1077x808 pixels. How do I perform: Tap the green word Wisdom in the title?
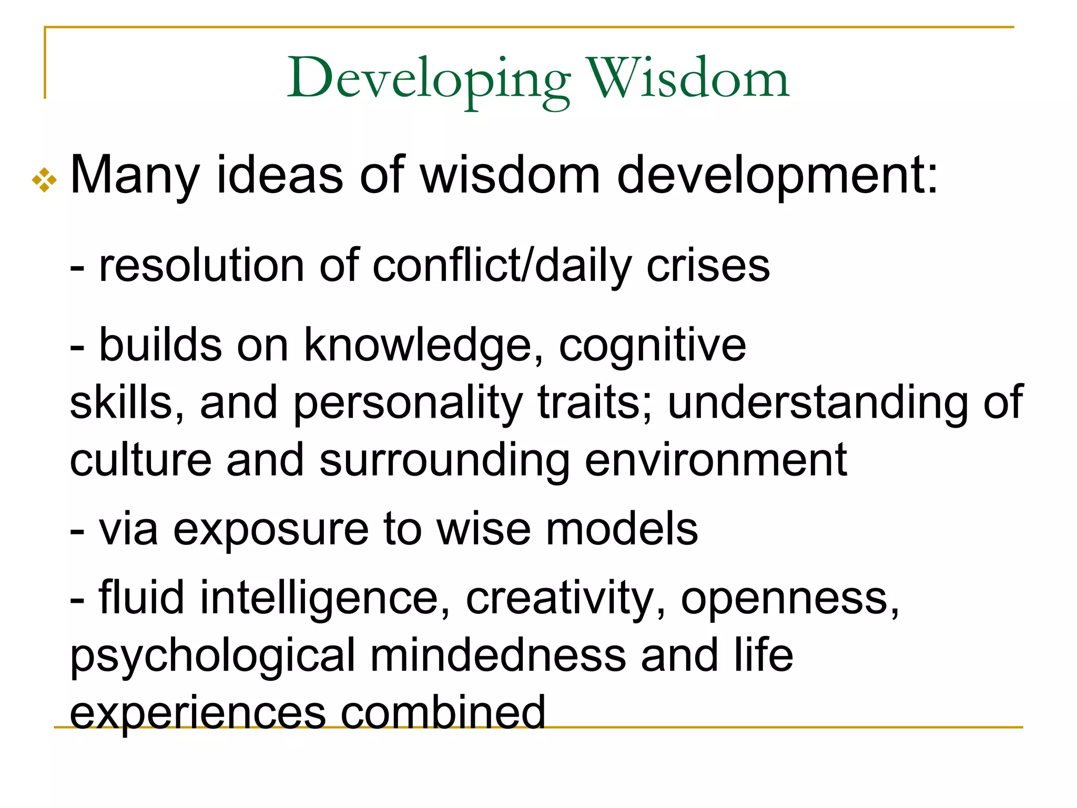[688, 79]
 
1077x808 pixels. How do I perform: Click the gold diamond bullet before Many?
[44, 180]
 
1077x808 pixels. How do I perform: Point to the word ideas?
[280, 175]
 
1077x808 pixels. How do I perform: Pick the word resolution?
[201, 266]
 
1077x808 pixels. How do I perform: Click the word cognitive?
[652, 345]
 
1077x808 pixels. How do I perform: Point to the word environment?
[716, 460]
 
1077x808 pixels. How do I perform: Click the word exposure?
[271, 530]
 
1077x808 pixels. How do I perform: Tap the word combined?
[443, 713]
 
